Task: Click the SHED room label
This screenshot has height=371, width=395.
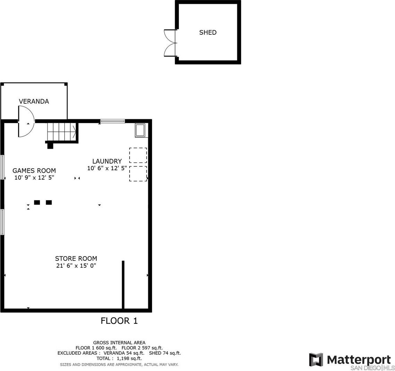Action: (208, 32)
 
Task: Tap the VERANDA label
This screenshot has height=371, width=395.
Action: (34, 101)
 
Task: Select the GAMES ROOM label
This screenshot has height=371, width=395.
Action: (34, 171)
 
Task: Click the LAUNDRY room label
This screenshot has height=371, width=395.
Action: (107, 161)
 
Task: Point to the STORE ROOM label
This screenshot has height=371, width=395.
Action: (76, 259)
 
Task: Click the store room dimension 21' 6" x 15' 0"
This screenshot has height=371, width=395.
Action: (76, 265)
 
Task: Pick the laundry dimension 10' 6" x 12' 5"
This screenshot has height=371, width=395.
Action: (107, 168)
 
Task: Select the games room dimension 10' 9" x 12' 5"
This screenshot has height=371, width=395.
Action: (34, 178)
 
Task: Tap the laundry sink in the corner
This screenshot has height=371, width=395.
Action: (140, 130)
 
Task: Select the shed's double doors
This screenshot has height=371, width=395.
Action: (170, 43)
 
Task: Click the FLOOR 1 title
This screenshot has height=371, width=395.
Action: (119, 321)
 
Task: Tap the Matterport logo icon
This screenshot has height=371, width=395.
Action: (316, 360)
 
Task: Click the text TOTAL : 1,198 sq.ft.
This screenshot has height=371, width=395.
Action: (119, 359)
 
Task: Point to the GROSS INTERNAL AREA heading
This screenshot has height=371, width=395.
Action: (119, 343)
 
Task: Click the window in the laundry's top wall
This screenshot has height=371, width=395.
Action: (113, 121)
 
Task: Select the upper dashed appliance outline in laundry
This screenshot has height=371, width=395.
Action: (138, 155)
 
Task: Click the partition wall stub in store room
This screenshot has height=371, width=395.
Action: (123, 285)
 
